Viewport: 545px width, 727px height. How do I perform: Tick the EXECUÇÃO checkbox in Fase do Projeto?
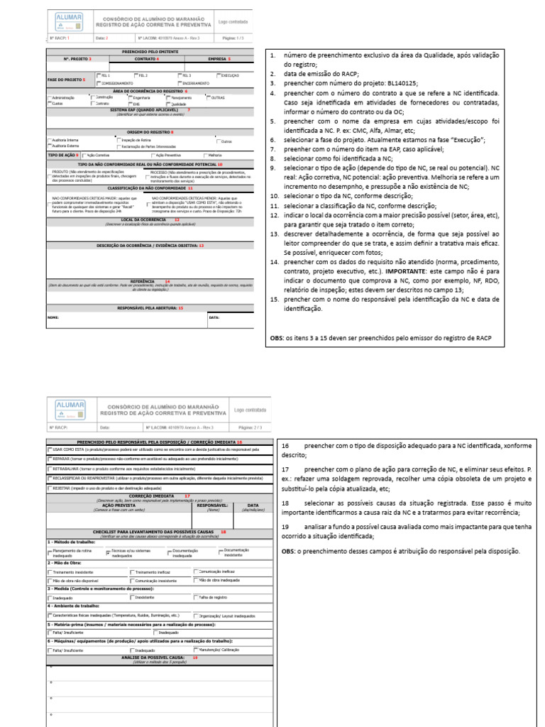217,75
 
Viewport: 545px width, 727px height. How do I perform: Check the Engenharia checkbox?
131,97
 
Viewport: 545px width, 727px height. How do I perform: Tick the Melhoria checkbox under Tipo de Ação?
206,154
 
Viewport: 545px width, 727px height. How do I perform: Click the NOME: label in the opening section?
53,317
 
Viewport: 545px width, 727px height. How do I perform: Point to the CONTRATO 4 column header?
148,59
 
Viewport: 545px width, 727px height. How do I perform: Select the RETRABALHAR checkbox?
50,468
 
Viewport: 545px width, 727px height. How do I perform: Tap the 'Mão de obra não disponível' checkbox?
50,580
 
